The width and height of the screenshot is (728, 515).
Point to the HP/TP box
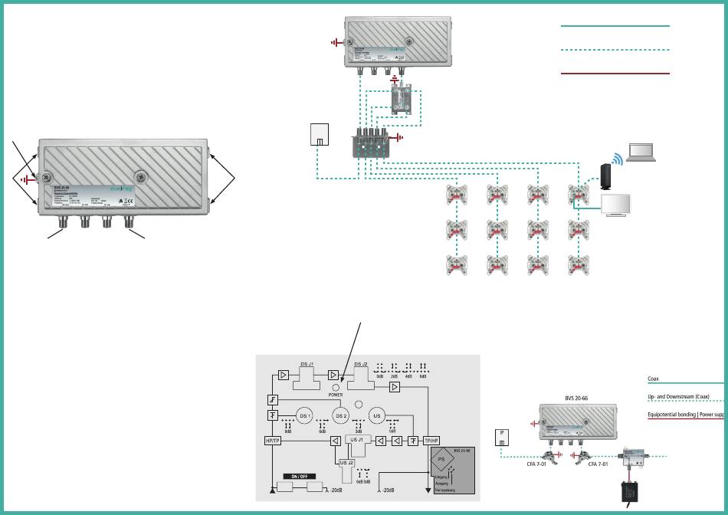tap(273, 441)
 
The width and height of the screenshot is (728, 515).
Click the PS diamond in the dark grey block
tap(443, 464)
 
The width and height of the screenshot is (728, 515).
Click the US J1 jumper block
tap(356, 442)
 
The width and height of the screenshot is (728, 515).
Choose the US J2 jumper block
tap(346, 462)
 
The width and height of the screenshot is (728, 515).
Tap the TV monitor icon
tap(617, 205)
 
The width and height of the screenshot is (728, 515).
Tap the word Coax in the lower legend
tap(654, 378)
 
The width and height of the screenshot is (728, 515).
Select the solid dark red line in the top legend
tap(615, 74)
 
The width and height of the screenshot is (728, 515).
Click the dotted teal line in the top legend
tap(615, 50)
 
